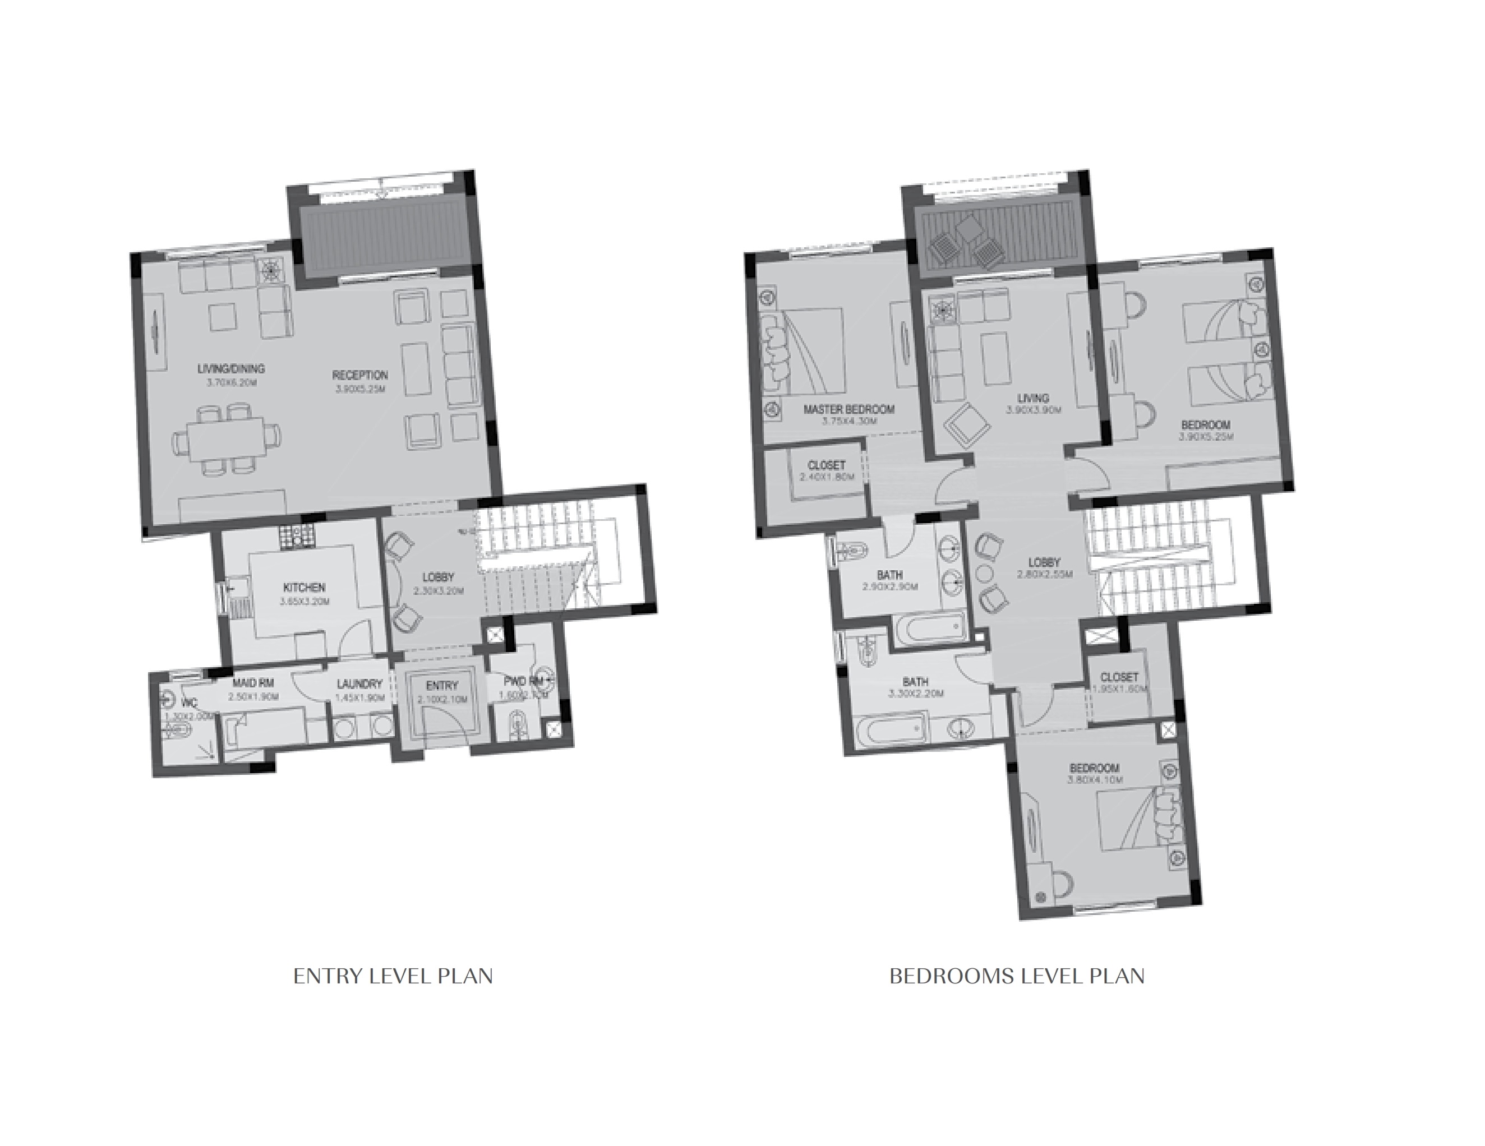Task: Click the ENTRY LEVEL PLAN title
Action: (393, 977)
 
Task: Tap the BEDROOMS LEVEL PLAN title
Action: (1017, 977)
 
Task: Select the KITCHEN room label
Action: (304, 587)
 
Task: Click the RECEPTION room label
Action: (359, 375)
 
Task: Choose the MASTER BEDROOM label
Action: (848, 409)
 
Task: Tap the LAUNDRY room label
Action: (359, 684)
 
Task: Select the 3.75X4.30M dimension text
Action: (849, 422)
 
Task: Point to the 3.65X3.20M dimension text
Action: (304, 602)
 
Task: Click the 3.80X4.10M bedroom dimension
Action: (1095, 780)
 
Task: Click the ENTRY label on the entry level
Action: (442, 686)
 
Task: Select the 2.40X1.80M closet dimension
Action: (826, 477)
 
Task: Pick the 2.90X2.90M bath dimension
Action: (890, 586)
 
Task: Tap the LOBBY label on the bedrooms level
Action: (1044, 562)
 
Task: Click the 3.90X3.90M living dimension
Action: (1034, 410)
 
